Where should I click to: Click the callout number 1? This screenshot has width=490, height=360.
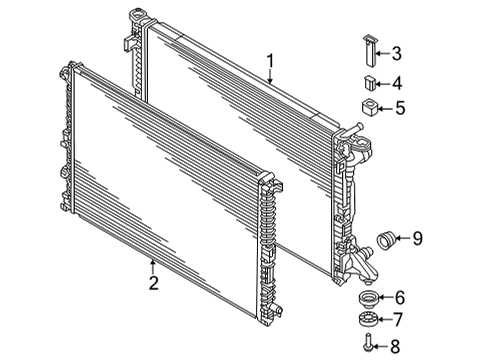pyautogui.click(x=271, y=62)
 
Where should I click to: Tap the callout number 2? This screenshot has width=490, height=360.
pyautogui.click(x=153, y=283)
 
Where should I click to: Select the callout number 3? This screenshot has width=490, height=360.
pyautogui.click(x=396, y=53)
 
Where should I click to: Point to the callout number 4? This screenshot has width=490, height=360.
pyautogui.click(x=397, y=83)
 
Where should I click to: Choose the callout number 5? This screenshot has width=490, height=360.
pyautogui.click(x=400, y=108)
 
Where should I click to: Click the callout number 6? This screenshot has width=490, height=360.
pyautogui.click(x=400, y=297)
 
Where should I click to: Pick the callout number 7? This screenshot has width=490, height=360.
pyautogui.click(x=398, y=319)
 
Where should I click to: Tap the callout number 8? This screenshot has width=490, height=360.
pyautogui.click(x=395, y=346)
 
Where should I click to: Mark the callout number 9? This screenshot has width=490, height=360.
pyautogui.click(x=417, y=238)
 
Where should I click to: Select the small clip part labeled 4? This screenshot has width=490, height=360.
pyautogui.click(x=369, y=83)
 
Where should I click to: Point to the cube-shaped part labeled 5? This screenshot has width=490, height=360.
pyautogui.click(x=369, y=107)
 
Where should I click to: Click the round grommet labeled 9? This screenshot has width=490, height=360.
pyautogui.click(x=386, y=240)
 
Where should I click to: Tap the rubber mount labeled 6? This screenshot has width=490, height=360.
pyautogui.click(x=367, y=297)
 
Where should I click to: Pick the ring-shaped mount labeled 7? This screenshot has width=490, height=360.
pyautogui.click(x=368, y=319)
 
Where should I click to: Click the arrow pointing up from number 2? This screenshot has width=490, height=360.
pyautogui.click(x=153, y=267)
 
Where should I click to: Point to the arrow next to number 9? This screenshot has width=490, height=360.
pyautogui.click(x=403, y=238)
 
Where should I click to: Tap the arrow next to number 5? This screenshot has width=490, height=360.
pyautogui.click(x=384, y=108)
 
